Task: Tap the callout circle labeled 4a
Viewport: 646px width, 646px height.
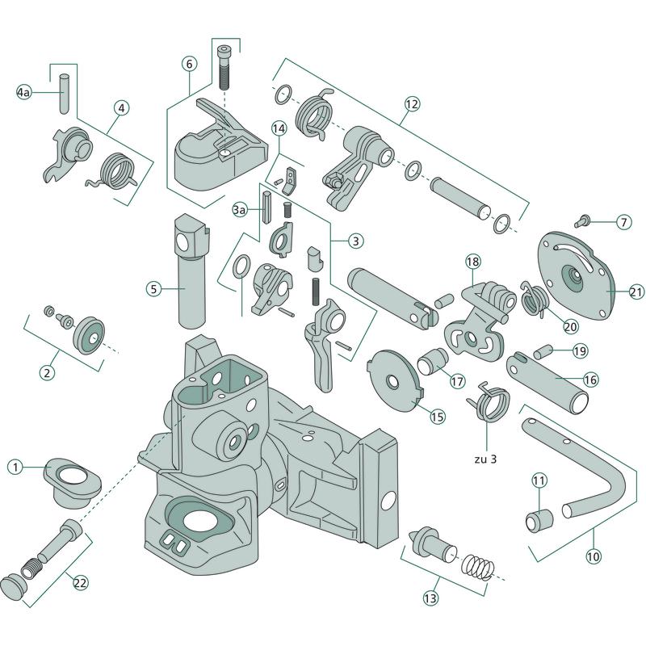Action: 24,94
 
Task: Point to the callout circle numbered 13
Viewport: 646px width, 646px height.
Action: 430,598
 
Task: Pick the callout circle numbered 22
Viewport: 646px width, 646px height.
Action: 81,582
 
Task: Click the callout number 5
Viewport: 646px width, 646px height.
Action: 155,287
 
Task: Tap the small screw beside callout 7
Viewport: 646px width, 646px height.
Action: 581,219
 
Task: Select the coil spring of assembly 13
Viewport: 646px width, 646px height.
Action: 478,564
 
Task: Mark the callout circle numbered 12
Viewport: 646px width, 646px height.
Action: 413,103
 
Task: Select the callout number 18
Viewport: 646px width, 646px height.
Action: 472,261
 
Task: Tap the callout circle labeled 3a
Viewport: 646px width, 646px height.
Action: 240,210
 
